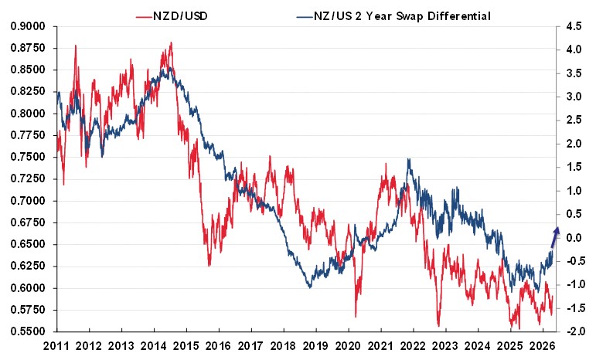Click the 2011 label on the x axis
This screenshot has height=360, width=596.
pos(57,345)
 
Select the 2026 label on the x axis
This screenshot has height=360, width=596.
pos(544,345)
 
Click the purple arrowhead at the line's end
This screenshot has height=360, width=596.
pos(557,227)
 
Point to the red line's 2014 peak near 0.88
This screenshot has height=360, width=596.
pos(170,43)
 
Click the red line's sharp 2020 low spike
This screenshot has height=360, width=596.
pos(356,315)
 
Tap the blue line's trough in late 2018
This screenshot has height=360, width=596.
pos(309,287)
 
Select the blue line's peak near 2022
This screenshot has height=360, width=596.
pos(408,160)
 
